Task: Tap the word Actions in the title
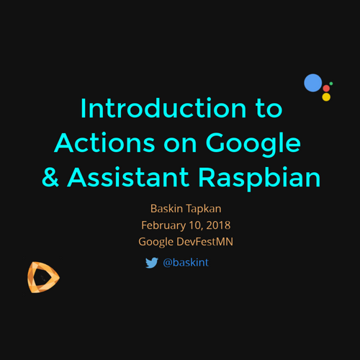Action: [x=104, y=143]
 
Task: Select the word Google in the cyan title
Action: [x=253, y=145]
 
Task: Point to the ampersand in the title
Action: [x=50, y=177]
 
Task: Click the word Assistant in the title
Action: [x=128, y=177]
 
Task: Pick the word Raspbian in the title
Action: [x=259, y=179]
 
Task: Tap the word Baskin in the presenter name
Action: [x=166, y=208]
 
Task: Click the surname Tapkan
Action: [x=204, y=209]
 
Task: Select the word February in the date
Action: [x=163, y=225]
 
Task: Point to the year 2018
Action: [x=218, y=225]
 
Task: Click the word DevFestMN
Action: [x=204, y=242]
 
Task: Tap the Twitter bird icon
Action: [x=152, y=263]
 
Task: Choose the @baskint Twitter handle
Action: [x=186, y=263]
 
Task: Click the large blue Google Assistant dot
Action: [x=313, y=83]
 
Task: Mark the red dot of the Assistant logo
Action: [x=326, y=89]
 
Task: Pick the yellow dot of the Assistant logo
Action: [x=326, y=97]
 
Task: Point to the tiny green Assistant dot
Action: [x=331, y=84]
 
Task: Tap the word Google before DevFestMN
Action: [x=156, y=242]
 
